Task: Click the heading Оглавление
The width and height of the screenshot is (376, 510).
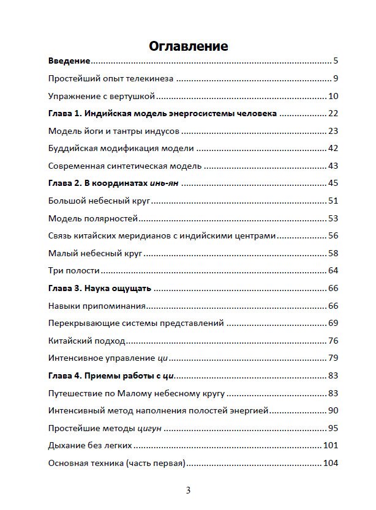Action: (188, 46)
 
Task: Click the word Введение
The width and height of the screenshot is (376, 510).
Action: (69, 61)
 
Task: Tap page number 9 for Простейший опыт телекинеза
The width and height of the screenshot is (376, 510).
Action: (336, 78)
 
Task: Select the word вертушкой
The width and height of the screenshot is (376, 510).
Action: (135, 96)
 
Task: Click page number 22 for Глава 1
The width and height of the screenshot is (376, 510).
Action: (333, 113)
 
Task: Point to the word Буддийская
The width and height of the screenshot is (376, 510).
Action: (71, 148)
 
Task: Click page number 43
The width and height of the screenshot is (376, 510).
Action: (333, 166)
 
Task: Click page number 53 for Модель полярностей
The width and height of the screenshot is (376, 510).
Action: (333, 218)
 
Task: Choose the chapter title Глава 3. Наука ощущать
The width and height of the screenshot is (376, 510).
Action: (99, 287)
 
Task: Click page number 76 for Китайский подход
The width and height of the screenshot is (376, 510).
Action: (333, 340)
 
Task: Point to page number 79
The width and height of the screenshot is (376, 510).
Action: (333, 357)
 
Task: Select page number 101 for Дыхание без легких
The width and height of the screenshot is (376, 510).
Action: (331, 445)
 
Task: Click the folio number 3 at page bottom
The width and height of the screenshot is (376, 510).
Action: (189, 490)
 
